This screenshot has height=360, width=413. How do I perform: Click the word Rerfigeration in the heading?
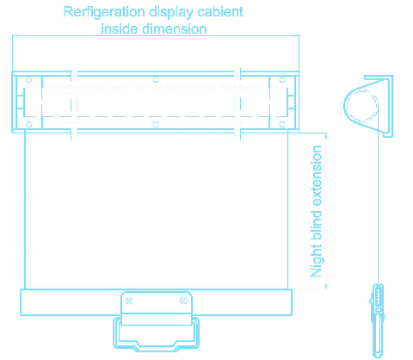(x=104, y=12)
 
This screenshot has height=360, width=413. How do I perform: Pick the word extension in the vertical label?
(x=316, y=176)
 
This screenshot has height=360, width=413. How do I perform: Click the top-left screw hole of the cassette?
(x=29, y=79)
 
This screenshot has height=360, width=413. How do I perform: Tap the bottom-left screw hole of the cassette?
(x=29, y=124)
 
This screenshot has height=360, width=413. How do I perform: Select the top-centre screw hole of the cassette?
(x=156, y=79)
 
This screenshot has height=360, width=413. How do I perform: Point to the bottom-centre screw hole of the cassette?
(x=156, y=124)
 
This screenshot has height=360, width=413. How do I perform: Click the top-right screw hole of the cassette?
(x=282, y=79)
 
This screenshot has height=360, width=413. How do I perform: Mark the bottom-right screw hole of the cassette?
(x=282, y=124)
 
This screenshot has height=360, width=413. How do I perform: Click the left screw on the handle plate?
(x=129, y=301)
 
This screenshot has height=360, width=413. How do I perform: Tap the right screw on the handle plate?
(x=183, y=301)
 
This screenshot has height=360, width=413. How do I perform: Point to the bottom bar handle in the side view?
(x=378, y=320)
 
